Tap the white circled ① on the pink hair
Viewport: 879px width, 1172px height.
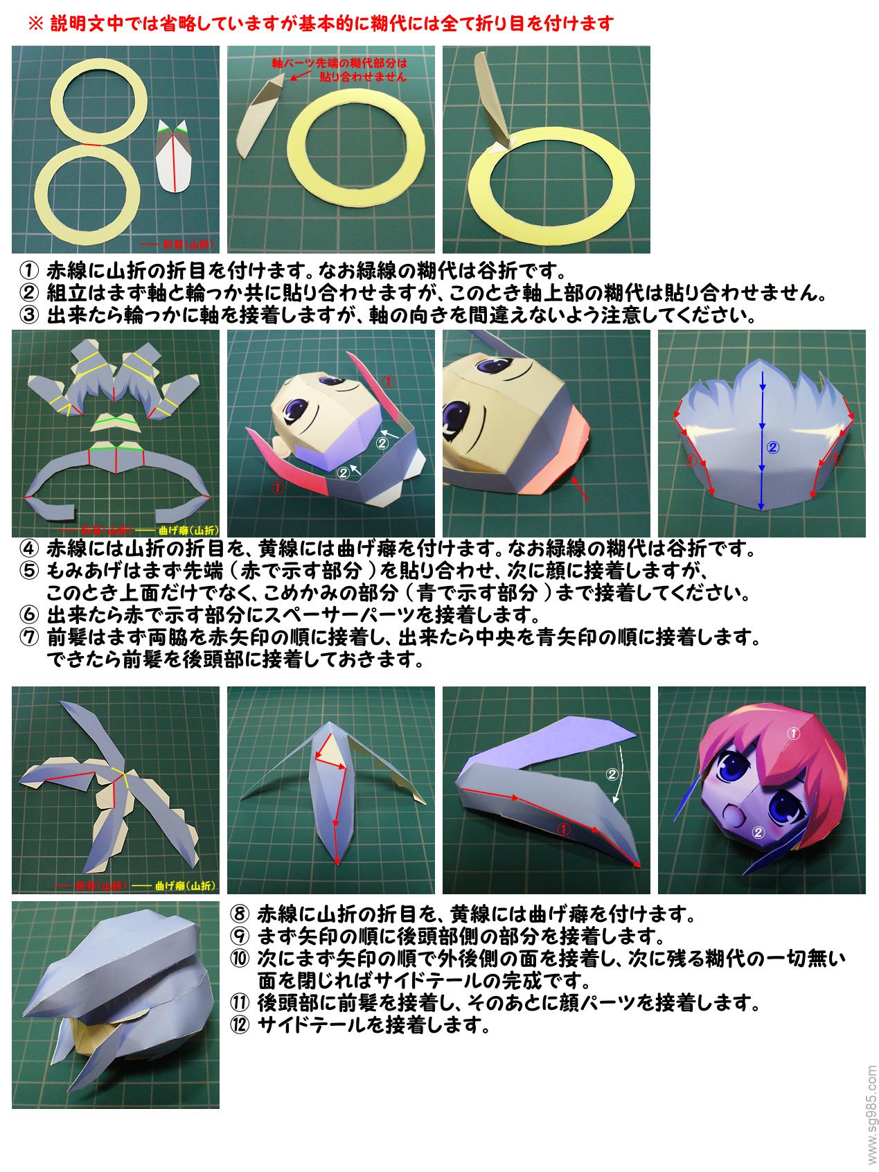click(x=794, y=731)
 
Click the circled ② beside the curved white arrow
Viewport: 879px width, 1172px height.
click(x=612, y=774)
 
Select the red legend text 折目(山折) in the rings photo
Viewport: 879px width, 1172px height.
click(x=187, y=244)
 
